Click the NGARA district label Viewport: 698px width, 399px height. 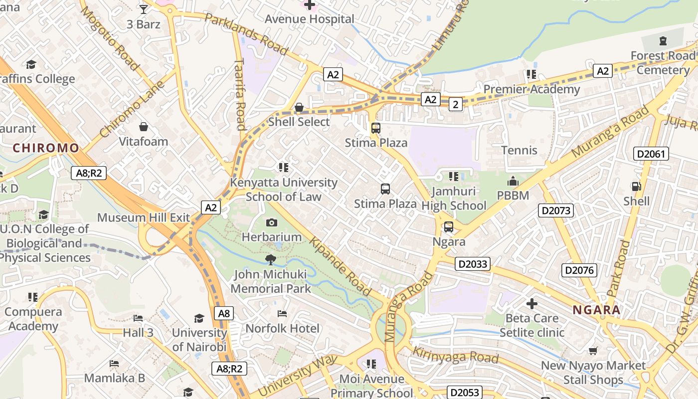pos(596,310)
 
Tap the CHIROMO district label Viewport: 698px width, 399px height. pos(46,148)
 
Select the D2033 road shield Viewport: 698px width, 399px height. pos(472,264)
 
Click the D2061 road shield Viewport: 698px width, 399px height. pos(651,154)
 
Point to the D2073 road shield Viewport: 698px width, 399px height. pos(556,210)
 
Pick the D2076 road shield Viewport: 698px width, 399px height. pos(579,270)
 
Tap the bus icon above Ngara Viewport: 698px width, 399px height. pos(449,227)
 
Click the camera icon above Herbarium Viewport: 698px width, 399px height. pos(272,222)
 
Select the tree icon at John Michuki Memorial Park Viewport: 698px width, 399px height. pos(271,259)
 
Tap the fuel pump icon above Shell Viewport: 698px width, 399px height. pos(636,187)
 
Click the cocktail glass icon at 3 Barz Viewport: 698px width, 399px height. pos(144,9)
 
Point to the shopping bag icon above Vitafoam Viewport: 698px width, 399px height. pos(144,127)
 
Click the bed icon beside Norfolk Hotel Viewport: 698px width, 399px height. pos(282,314)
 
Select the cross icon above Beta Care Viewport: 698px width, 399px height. pos(532,303)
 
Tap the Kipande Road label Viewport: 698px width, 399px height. pos(341,266)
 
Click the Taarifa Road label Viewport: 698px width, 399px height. pos(240,95)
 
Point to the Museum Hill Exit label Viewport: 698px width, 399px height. pos(144,217)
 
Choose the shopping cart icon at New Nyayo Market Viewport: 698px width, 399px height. pos(593,351)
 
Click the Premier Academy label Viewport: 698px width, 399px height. pos(531,89)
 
